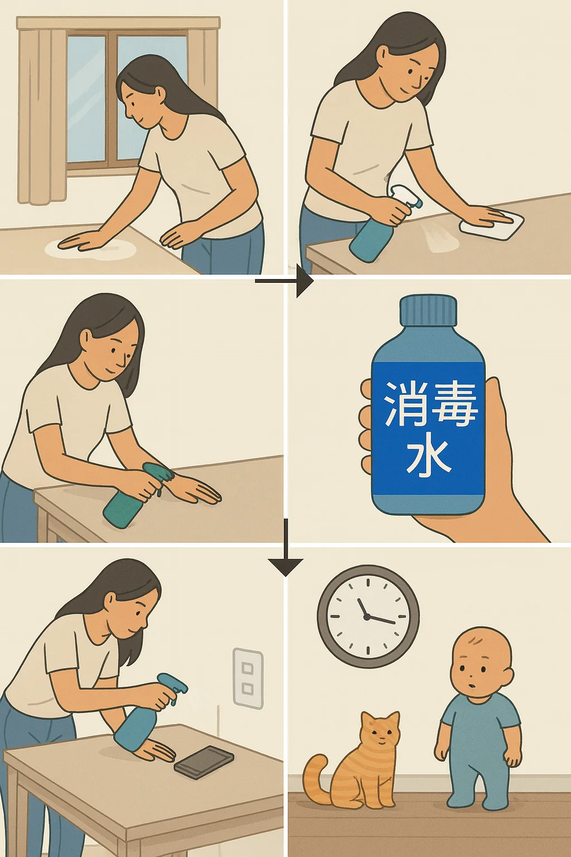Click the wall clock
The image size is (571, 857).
click(x=368, y=617)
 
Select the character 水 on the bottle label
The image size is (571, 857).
click(x=428, y=458)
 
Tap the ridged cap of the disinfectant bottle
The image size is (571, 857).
click(x=428, y=309)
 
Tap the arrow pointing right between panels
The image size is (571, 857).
click(x=284, y=282)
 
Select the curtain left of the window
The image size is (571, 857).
click(x=42, y=115)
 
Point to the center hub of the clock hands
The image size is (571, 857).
click(x=367, y=617)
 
